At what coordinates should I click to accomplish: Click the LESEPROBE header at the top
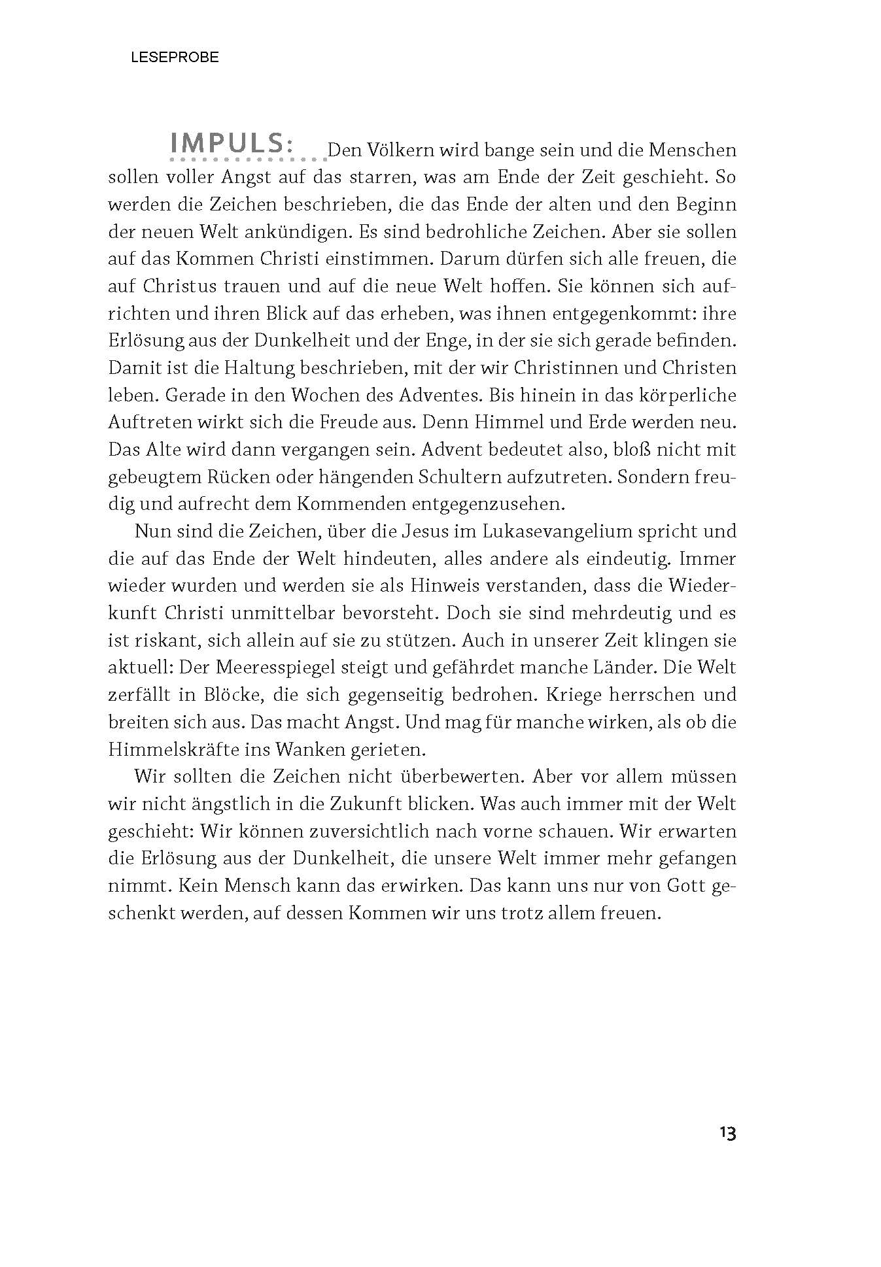point(175,58)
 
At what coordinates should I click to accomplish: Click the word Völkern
point(400,150)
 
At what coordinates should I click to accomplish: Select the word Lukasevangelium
point(549,531)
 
